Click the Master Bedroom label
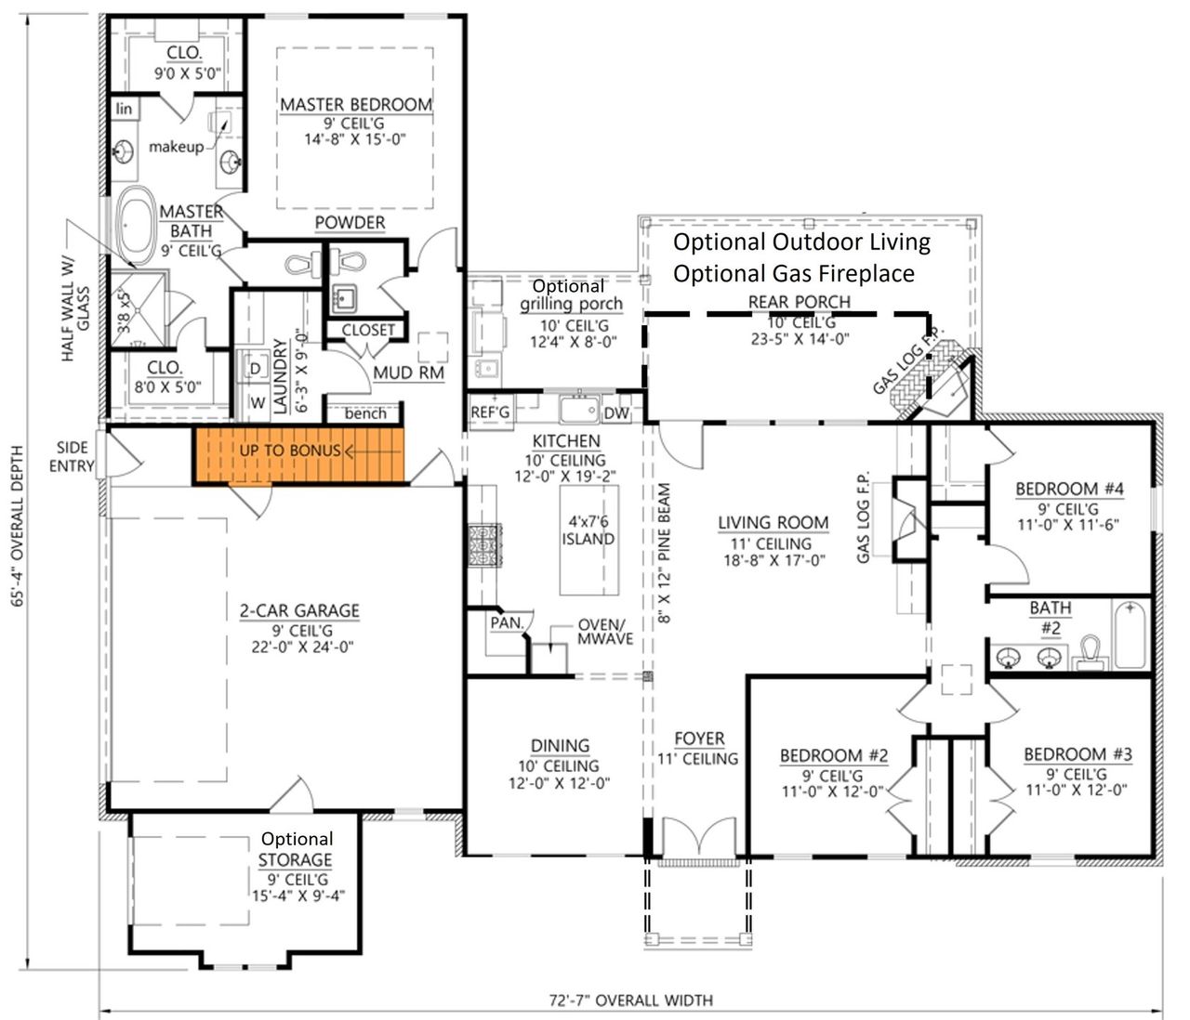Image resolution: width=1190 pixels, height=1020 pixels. [x=356, y=105]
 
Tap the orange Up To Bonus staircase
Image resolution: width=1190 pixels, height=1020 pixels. [x=300, y=454]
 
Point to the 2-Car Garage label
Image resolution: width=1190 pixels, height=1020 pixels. [x=299, y=610]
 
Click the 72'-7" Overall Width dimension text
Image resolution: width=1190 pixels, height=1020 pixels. [x=630, y=1000]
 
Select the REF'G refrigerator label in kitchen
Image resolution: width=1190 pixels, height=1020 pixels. [x=490, y=412]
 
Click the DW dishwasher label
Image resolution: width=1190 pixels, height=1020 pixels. [x=616, y=413]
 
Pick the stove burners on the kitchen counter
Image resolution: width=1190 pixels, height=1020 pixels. [x=484, y=545]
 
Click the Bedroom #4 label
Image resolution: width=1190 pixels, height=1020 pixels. [x=1069, y=489]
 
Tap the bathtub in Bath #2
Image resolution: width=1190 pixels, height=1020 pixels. [x=1131, y=634]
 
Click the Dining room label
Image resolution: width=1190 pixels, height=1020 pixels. [x=560, y=745]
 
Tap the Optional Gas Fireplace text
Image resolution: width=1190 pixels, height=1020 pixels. [x=793, y=273]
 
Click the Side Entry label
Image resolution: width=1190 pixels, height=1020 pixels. [x=72, y=456]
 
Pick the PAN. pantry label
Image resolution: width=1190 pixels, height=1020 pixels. [x=507, y=622]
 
